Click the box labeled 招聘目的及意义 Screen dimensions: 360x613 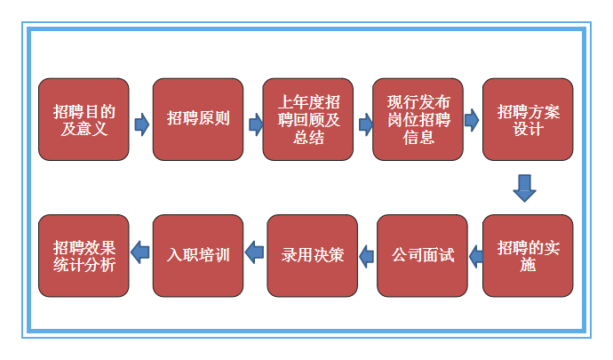[x=84, y=119]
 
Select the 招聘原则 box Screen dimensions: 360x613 [x=197, y=119]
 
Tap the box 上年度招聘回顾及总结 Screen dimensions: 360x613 [x=307, y=119]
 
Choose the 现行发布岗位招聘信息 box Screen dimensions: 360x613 [x=417, y=119]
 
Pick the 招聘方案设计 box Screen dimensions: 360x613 [x=528, y=119]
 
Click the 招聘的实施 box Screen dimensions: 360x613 [x=528, y=255]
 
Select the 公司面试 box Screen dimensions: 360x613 [x=422, y=255]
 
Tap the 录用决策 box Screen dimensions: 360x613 [x=312, y=255]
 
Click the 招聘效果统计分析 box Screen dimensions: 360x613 [x=84, y=255]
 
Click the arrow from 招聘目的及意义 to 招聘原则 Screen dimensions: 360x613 [x=141, y=123]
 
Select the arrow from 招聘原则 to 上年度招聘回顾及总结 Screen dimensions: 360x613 [x=255, y=123]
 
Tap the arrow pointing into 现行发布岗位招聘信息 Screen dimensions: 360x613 [x=364, y=123]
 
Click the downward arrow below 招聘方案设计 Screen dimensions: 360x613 [x=525, y=188]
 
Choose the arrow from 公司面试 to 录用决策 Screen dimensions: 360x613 [x=366, y=256]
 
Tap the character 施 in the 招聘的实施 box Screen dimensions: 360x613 [x=528, y=265]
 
